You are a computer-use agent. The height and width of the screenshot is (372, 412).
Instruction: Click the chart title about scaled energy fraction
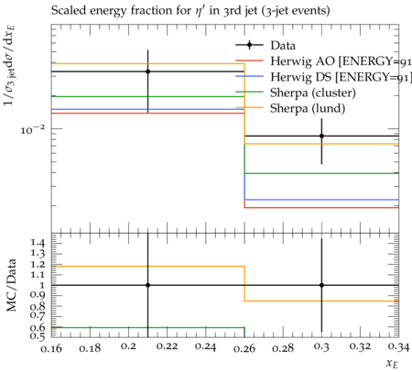190,11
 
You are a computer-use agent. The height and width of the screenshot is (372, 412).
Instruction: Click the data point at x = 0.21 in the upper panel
147,71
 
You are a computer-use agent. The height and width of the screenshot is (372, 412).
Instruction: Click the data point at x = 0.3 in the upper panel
321,136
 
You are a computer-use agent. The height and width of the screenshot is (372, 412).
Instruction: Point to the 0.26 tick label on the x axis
244,348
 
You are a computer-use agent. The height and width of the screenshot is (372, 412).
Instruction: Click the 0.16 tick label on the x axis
51,348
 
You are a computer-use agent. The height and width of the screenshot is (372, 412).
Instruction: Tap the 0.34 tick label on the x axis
398,347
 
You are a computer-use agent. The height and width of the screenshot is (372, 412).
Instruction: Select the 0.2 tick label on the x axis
128,346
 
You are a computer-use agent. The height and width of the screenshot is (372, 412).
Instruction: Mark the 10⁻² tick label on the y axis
33,129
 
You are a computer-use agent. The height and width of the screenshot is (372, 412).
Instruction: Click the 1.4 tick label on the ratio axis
38,243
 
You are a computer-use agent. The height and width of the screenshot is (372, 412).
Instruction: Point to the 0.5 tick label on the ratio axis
38,336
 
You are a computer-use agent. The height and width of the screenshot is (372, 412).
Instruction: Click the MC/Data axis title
12,285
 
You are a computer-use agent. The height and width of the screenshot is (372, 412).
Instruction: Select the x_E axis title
393,364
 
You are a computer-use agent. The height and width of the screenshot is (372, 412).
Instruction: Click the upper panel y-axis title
10,65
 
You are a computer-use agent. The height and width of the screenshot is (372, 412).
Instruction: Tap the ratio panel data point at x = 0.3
321,285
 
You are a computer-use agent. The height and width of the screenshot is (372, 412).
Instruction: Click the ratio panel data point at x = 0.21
147,285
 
